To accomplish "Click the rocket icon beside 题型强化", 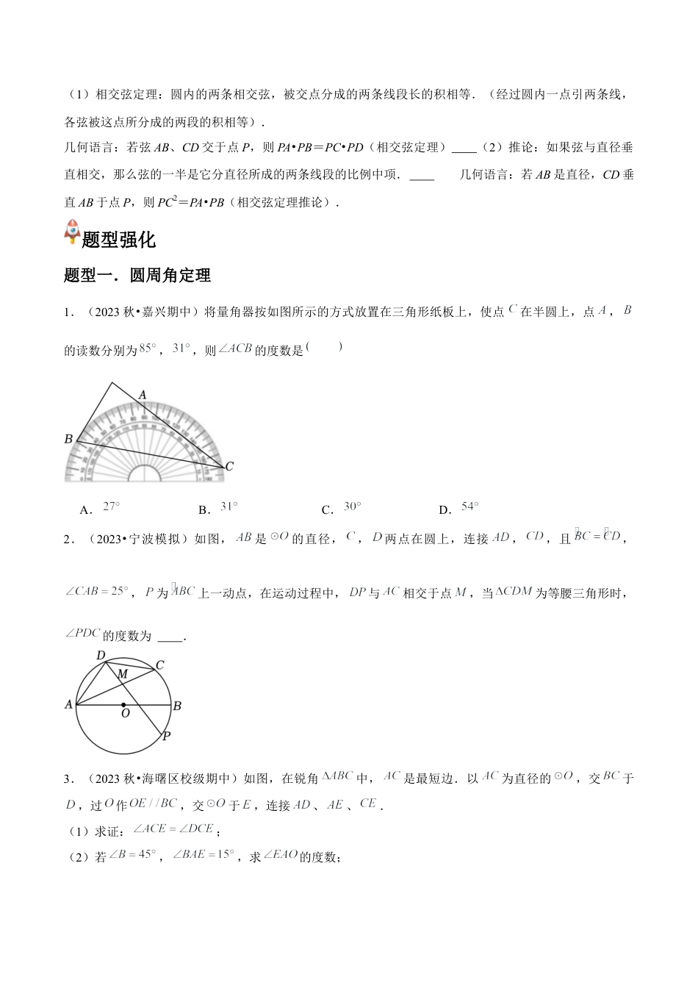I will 72,232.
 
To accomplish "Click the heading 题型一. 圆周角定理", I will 137,275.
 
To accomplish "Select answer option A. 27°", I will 101,507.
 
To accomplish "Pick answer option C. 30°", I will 342,507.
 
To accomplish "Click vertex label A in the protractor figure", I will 143,395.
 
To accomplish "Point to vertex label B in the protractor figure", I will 68,439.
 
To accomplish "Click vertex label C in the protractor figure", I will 229,466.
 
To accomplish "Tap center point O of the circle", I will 123,705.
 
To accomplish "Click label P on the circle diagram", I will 166,736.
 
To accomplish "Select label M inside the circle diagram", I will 123,674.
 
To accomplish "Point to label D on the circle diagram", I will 101,655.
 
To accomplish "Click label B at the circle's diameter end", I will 177,706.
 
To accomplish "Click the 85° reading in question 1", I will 148,348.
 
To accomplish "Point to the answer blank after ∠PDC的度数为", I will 170,637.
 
